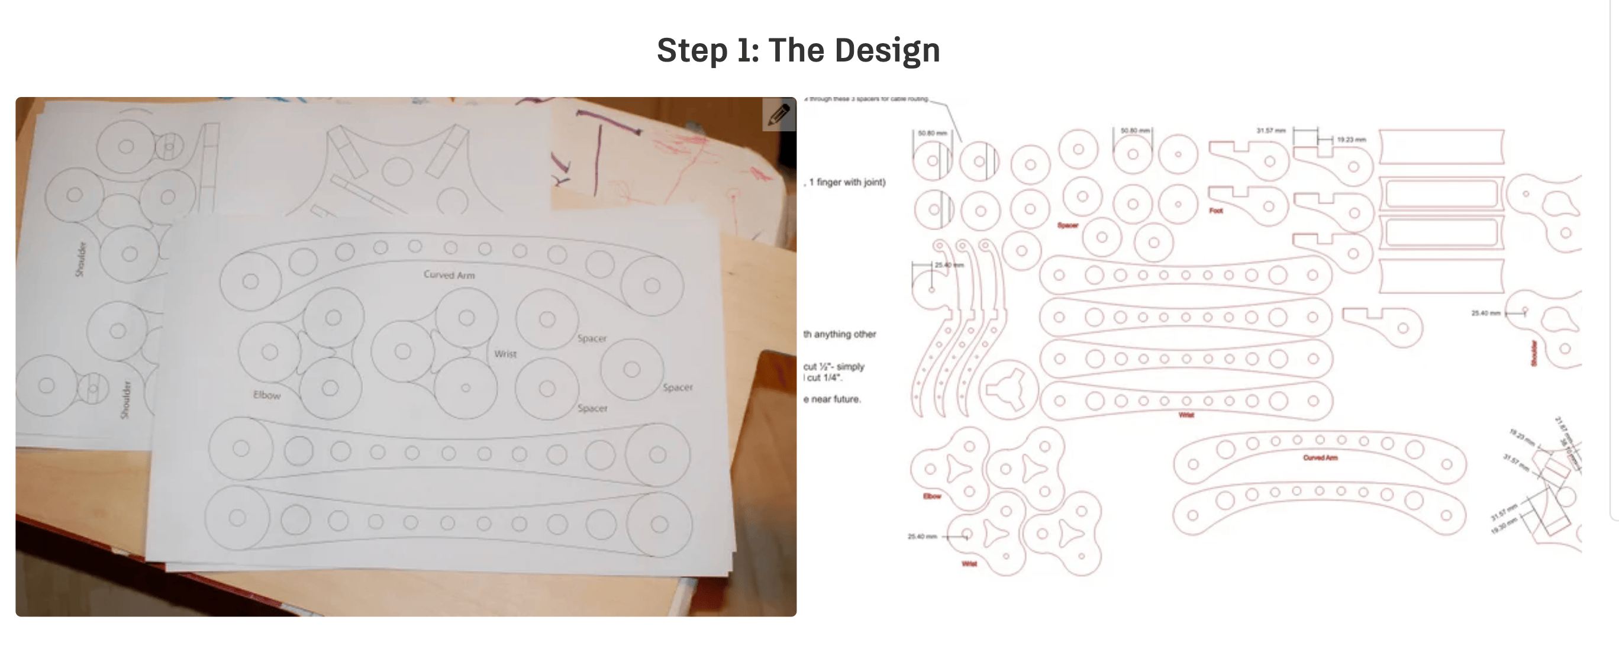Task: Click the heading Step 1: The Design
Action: pyautogui.click(x=798, y=50)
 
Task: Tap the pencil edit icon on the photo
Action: pyautogui.click(x=779, y=114)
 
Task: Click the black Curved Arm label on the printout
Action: pyautogui.click(x=449, y=274)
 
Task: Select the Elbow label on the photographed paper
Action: pyautogui.click(x=266, y=395)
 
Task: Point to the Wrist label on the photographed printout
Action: pyautogui.click(x=505, y=354)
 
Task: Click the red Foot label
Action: pyautogui.click(x=1216, y=211)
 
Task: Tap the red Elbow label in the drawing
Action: pyautogui.click(x=931, y=496)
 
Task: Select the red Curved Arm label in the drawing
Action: pyautogui.click(x=1320, y=457)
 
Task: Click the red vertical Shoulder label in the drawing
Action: pyautogui.click(x=1534, y=353)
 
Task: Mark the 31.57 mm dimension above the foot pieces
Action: pyautogui.click(x=1271, y=131)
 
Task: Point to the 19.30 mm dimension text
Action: pyautogui.click(x=1504, y=526)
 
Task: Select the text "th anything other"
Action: pyautogui.click(x=839, y=334)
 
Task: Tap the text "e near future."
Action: pyautogui.click(x=832, y=399)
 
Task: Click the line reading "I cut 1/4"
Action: pyautogui.click(x=824, y=377)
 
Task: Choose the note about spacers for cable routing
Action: pyautogui.click(x=867, y=99)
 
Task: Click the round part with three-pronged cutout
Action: pyautogui.click(x=1010, y=389)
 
